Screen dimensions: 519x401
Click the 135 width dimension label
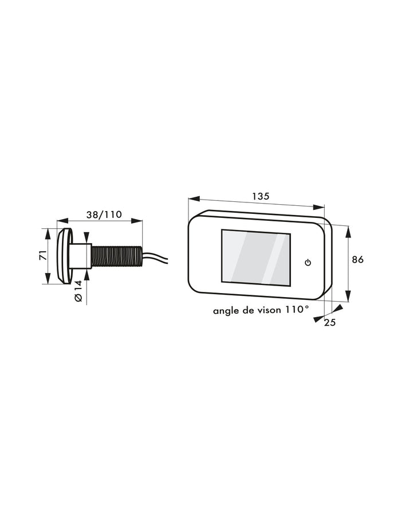(261, 196)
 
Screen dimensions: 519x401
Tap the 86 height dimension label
(357, 259)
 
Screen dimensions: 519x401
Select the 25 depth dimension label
(330, 322)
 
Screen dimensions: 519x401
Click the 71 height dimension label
(42, 256)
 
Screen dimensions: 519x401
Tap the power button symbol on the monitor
(308, 263)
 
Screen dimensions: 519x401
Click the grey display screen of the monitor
(255, 257)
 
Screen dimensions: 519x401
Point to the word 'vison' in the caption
(267, 310)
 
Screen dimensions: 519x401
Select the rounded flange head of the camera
(64, 256)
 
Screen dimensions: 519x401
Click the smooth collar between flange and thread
(82, 256)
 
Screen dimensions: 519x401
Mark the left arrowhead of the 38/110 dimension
(60, 220)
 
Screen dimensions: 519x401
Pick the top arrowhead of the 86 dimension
(348, 228)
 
